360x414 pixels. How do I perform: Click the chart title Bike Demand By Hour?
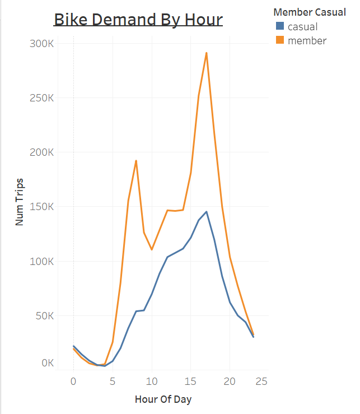(138, 19)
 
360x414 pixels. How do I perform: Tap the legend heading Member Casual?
(310, 12)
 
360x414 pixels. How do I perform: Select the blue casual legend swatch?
(279, 26)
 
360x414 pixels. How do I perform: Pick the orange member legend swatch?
(279, 40)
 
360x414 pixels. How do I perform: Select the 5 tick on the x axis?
(113, 382)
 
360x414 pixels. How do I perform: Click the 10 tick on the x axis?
(152, 382)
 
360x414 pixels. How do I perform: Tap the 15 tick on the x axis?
(191, 382)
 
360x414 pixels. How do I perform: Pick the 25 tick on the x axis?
(261, 382)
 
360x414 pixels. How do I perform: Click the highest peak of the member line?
(207, 53)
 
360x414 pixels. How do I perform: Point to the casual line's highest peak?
(207, 212)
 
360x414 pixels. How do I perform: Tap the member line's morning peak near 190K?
(136, 161)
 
